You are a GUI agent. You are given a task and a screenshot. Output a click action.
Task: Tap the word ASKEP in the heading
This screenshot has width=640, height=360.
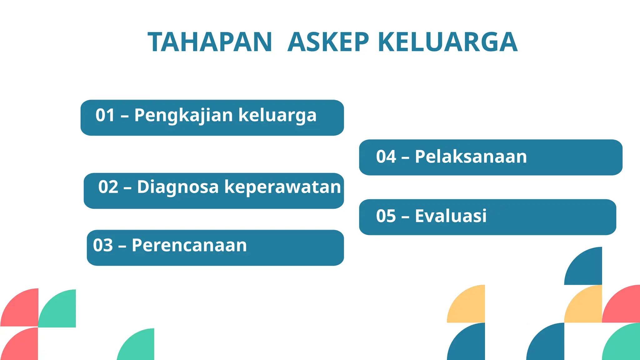click(x=328, y=42)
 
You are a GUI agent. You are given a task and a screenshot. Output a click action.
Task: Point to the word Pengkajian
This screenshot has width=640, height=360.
click(x=184, y=115)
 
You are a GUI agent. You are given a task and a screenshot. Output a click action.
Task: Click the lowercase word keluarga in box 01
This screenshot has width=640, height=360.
click(x=277, y=115)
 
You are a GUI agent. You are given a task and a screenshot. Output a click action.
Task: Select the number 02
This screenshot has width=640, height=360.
click(x=108, y=187)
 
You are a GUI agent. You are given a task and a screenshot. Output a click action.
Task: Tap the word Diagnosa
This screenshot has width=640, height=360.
click(x=178, y=187)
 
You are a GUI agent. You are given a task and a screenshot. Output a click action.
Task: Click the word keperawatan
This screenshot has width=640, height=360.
click(x=282, y=187)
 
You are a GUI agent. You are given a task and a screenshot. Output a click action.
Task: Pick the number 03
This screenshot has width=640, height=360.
click(x=103, y=245)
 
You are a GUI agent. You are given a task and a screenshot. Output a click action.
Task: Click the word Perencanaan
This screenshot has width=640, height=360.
click(x=189, y=245)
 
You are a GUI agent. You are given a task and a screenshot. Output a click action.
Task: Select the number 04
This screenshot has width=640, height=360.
click(x=386, y=157)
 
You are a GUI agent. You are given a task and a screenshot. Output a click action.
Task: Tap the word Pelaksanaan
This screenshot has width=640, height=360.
click(x=471, y=157)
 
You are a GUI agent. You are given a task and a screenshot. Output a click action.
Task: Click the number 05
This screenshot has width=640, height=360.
click(x=386, y=216)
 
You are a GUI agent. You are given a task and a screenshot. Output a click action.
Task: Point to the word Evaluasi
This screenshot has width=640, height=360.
click(x=451, y=216)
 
